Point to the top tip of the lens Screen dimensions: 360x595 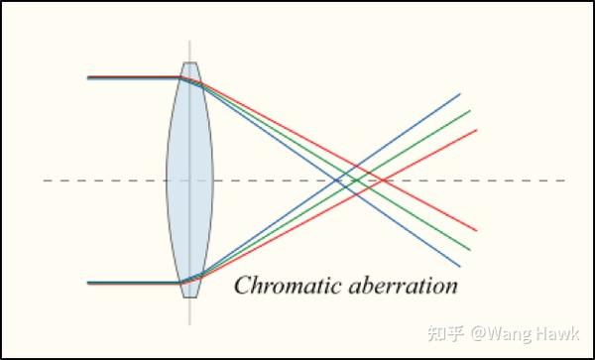189,63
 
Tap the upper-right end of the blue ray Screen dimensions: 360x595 460,94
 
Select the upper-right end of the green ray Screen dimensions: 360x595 469,110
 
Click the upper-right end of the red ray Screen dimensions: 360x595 477,130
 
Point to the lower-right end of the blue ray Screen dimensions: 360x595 460,266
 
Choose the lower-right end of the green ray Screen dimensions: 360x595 469,250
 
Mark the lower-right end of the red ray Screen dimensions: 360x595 477,230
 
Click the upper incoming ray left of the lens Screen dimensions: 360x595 129,76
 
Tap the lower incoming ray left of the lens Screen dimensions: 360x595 129,283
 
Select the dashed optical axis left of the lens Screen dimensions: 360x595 99,180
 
